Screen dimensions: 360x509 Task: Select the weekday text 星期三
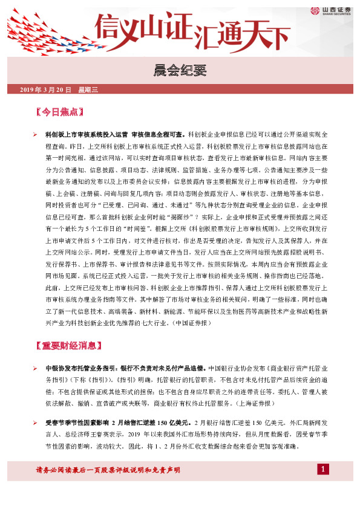click(88, 90)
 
